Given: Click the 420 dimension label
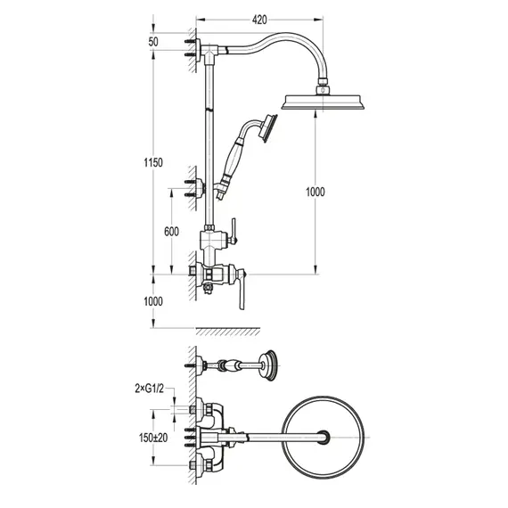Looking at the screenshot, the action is point(259,20).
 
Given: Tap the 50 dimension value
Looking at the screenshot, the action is point(153,42).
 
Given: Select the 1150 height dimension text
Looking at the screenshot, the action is point(153,162).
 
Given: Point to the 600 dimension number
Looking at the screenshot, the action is point(171,232).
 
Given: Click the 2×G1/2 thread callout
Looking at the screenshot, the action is point(150,388).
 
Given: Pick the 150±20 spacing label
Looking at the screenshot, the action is point(153,438).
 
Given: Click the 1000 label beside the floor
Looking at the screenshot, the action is point(153,301).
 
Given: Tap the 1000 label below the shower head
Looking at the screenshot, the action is point(315,192).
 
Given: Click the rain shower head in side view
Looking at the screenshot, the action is point(323,102).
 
